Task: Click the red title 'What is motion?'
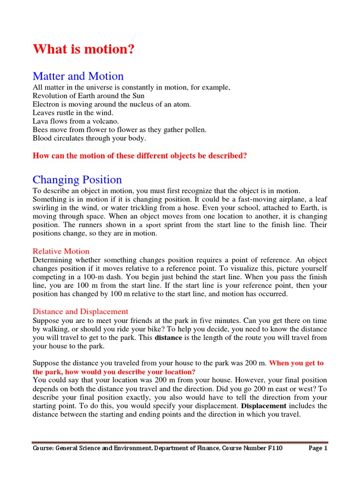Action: tap(83, 50)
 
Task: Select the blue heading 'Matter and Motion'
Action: tap(78, 76)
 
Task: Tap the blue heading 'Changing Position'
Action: tap(77, 180)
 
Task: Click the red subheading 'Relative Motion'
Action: tap(61, 251)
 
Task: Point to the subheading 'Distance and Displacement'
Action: tap(80, 311)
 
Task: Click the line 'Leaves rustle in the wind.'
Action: tap(73, 112)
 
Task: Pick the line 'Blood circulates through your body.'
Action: tap(89, 138)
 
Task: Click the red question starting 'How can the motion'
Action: tap(140, 156)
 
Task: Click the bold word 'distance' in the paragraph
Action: tap(168, 337)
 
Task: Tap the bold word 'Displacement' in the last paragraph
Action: tap(263, 406)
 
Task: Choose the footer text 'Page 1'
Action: tap(318, 448)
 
